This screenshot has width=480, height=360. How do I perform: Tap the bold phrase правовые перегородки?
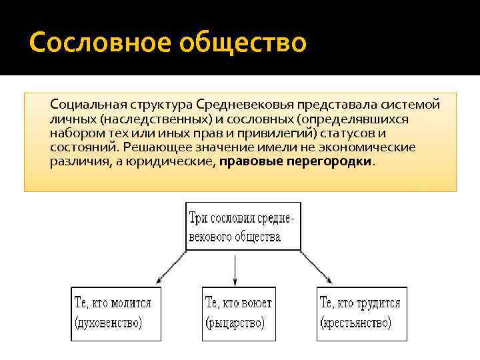(x=296, y=161)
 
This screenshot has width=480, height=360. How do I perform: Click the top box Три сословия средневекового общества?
(x=243, y=227)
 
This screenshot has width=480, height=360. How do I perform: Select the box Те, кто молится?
(x=116, y=313)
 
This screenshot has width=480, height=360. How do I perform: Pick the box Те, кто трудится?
(x=361, y=313)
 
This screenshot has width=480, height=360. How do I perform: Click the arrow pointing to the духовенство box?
(x=170, y=267)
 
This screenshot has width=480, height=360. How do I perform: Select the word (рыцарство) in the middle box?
(x=234, y=324)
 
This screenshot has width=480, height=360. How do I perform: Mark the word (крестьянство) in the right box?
(x=355, y=324)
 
